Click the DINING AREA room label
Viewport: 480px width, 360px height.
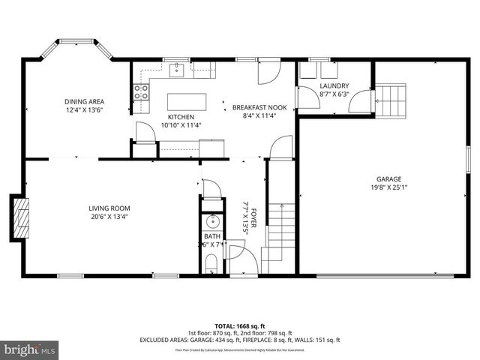click(x=84, y=101)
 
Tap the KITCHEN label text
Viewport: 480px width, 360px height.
click(x=181, y=117)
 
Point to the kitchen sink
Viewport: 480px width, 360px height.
click(x=178, y=71)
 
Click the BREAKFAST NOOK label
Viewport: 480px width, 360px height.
click(x=259, y=107)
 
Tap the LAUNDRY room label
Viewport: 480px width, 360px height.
click(x=334, y=86)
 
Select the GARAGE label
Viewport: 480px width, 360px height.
click(x=388, y=179)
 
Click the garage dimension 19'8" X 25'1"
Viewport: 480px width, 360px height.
click(x=388, y=187)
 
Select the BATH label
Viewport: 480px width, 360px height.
click(x=211, y=236)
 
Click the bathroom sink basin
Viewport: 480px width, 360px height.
click(x=211, y=222)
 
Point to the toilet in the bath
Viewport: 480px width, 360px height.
click(x=211, y=262)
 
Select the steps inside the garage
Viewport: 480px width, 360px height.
click(x=391, y=99)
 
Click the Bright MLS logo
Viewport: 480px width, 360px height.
click(x=30, y=349)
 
